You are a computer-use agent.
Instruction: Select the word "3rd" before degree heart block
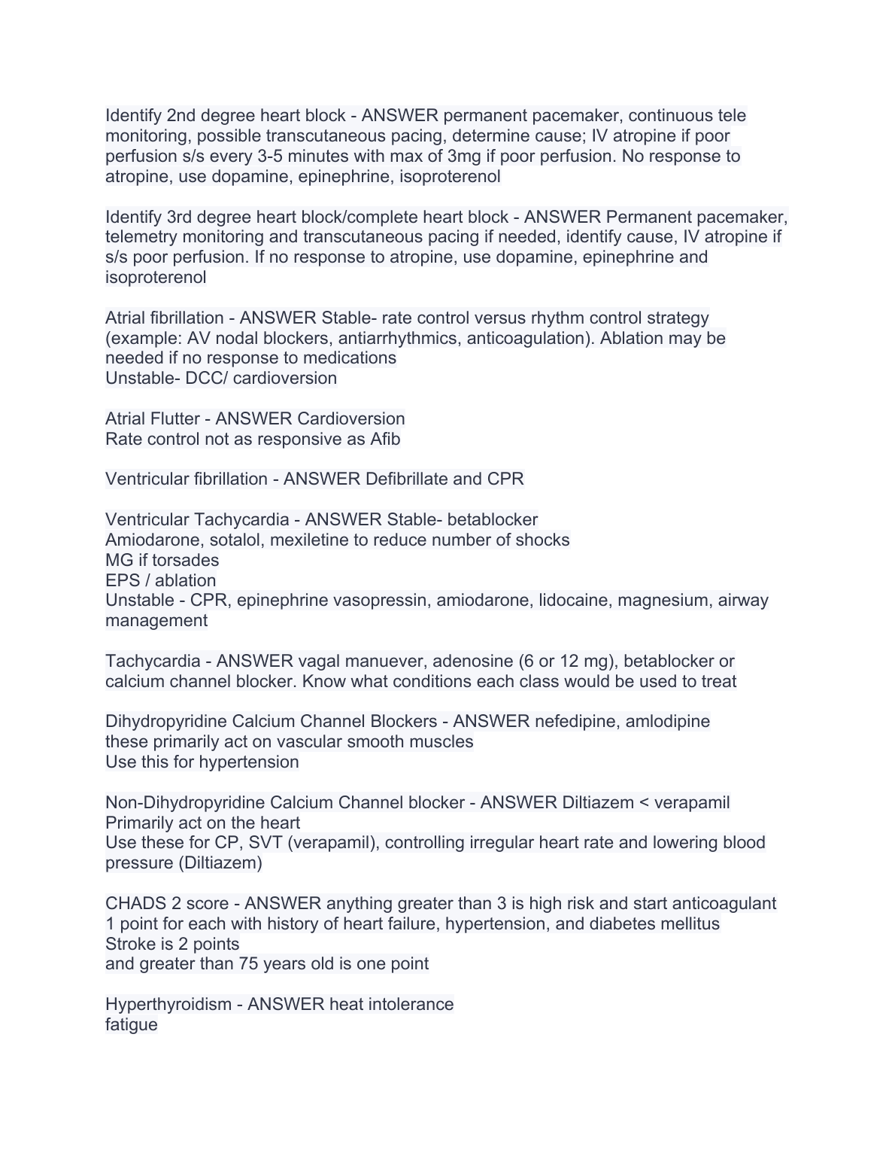coord(180,218)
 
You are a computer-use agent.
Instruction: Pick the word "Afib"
coord(385,440)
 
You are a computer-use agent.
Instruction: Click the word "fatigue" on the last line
coord(132,1025)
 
